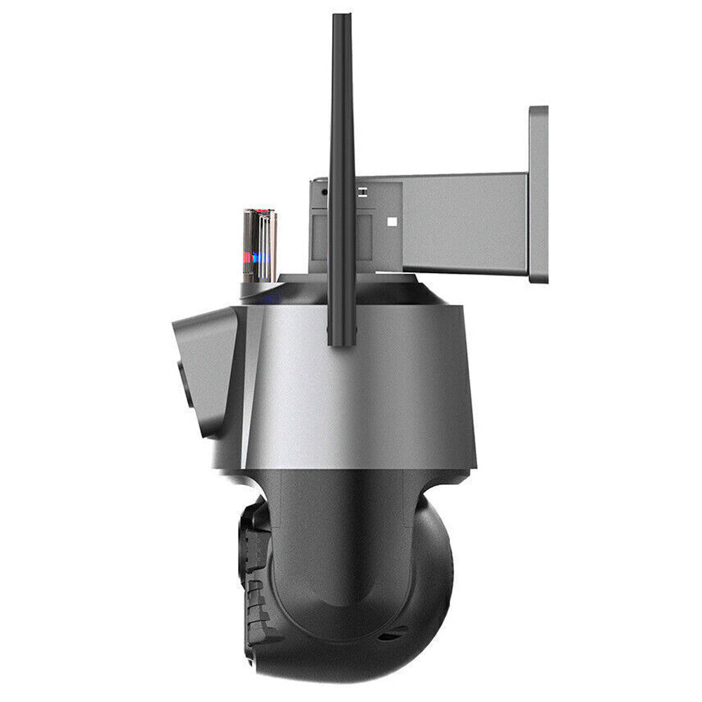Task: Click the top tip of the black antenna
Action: point(342,17)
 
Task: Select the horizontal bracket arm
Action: point(463,223)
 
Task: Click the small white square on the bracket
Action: point(392,222)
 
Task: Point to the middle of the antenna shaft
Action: point(342,175)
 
